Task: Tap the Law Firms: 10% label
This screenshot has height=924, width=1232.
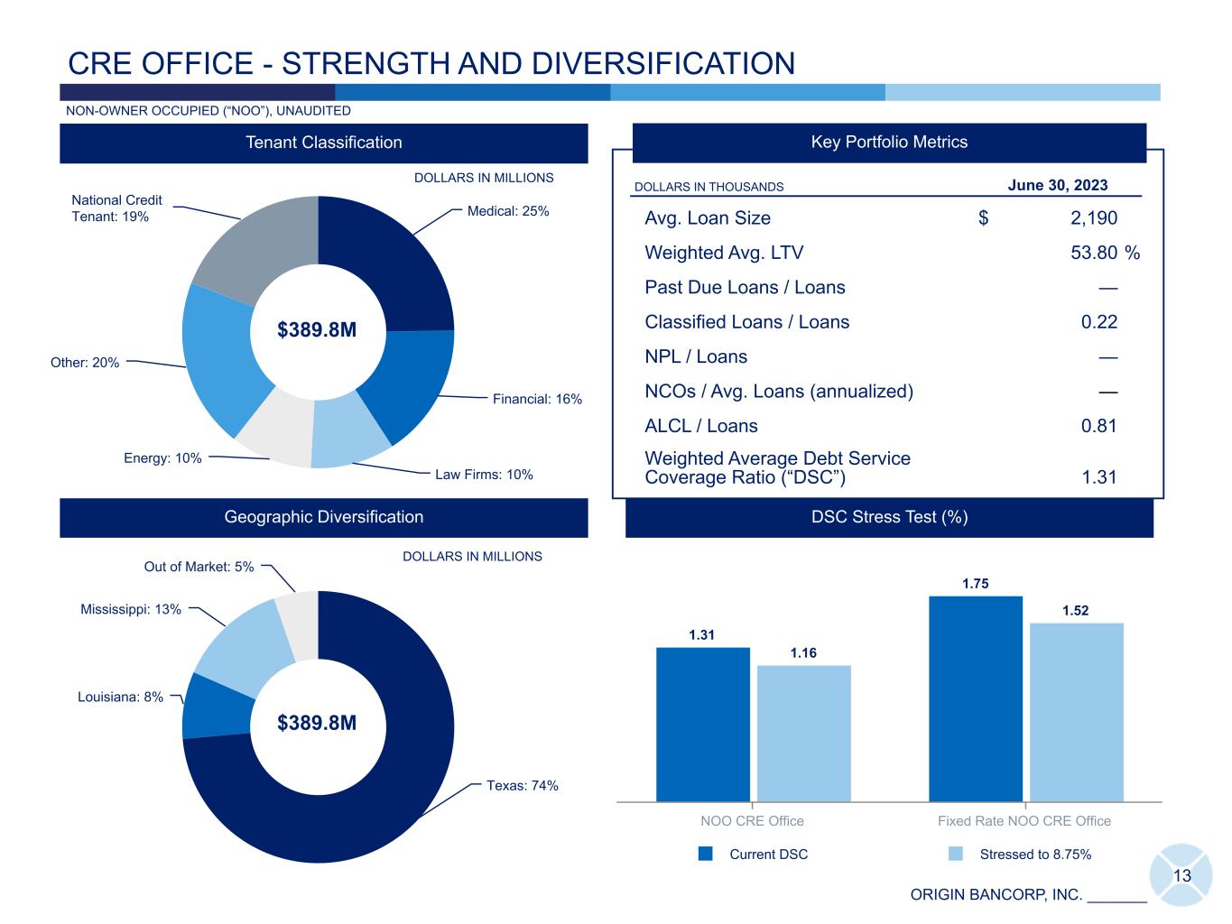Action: pyautogui.click(x=484, y=475)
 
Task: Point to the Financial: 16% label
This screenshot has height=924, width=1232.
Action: pyautogui.click(x=537, y=399)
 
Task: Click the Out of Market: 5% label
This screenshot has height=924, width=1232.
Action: pyautogui.click(x=199, y=567)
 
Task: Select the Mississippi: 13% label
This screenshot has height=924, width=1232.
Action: pyautogui.click(x=131, y=609)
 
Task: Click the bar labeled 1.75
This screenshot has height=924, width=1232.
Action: pyautogui.click(x=975, y=698)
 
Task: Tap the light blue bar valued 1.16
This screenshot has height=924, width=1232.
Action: pyautogui.click(x=803, y=733)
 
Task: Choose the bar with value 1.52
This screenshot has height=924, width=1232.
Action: pyautogui.click(x=1076, y=712)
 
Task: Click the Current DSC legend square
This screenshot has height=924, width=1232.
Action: pyautogui.click(x=706, y=854)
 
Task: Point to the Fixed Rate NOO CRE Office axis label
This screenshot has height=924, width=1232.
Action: pyautogui.click(x=1024, y=821)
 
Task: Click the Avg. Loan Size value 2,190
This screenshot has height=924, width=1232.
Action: pyautogui.click(x=1093, y=218)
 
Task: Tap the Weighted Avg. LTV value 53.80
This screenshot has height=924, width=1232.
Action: pyautogui.click(x=1093, y=253)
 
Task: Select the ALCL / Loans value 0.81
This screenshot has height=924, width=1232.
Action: pyautogui.click(x=1098, y=426)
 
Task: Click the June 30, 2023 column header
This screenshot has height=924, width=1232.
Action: pyautogui.click(x=1057, y=186)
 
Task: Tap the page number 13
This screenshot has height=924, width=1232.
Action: pyautogui.click(x=1181, y=876)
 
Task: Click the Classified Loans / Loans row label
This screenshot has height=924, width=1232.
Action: pyautogui.click(x=746, y=322)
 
